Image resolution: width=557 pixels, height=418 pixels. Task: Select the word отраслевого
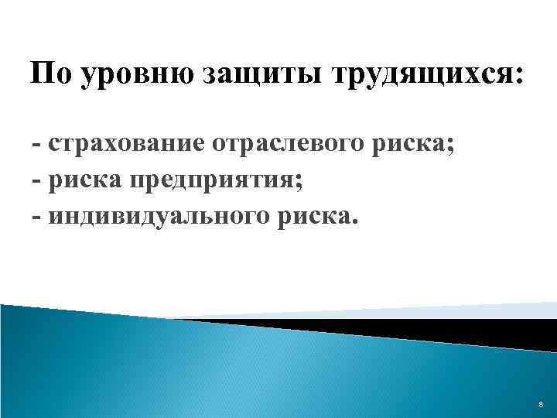(x=295, y=145)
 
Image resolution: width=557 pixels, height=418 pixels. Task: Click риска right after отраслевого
(x=406, y=145)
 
